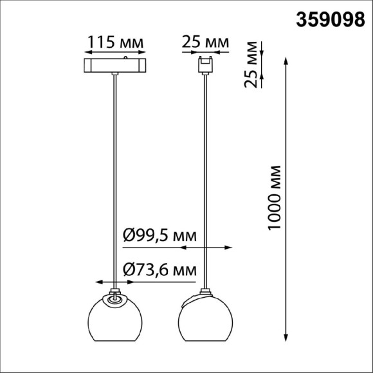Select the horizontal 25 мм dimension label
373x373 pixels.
(x=205, y=42)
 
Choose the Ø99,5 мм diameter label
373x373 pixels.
(x=159, y=235)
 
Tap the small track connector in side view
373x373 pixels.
(x=206, y=65)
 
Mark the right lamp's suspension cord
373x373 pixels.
(x=206, y=180)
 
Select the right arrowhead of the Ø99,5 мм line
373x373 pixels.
(x=229, y=247)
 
